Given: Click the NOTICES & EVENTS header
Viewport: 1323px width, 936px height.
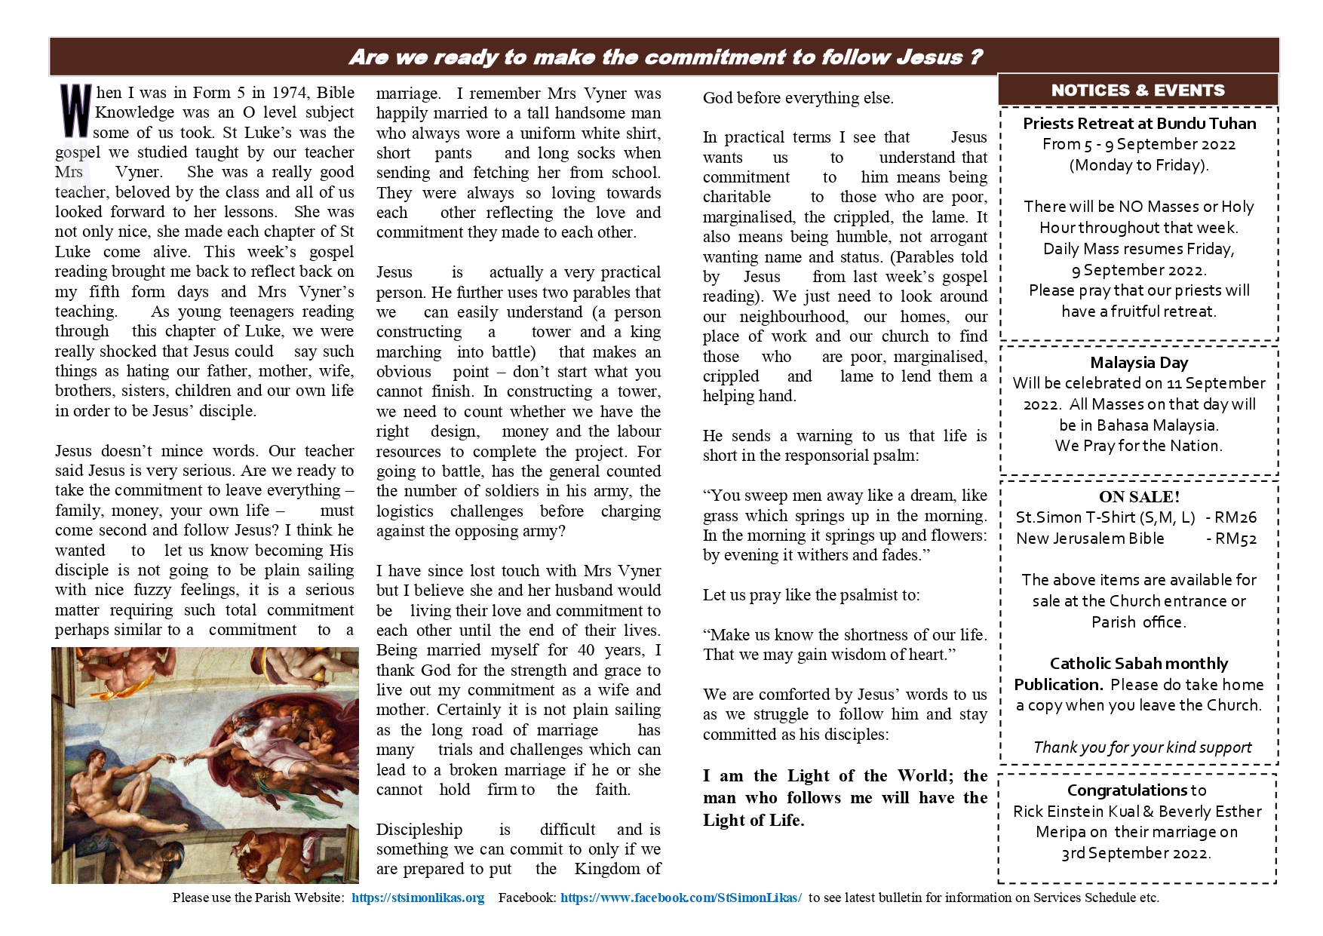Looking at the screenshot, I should tap(1137, 91).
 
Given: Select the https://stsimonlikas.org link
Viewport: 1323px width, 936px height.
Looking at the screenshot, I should tap(418, 898).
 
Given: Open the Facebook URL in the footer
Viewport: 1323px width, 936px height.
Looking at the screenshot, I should tap(680, 898).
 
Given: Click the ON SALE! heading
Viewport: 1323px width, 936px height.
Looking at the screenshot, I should tap(1139, 496).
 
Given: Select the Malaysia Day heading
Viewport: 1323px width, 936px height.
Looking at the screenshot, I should tap(1139, 363).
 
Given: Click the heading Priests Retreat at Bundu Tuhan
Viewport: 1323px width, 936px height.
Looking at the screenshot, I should tap(1139, 124).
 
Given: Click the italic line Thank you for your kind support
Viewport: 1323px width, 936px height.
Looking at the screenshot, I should tap(1142, 747).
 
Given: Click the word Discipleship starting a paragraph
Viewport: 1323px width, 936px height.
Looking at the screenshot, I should tap(419, 830).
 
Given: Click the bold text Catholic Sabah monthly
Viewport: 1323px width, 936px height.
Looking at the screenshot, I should tap(1139, 664).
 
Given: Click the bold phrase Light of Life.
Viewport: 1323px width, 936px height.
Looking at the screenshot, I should tap(754, 821).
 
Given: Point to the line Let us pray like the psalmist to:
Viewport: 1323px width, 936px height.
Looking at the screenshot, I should tap(811, 595).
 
